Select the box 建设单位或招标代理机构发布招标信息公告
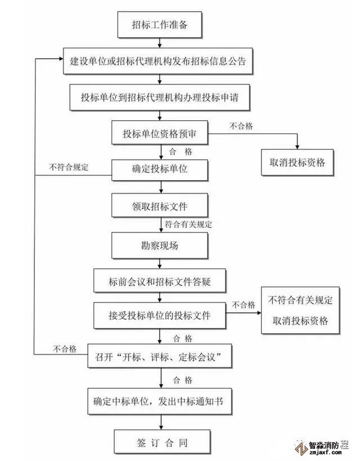pyautogui.click(x=158, y=61)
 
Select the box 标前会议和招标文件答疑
pyautogui.click(x=160, y=280)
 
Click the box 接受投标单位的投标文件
pyautogui.click(x=160, y=315)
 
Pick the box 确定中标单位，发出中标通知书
pyautogui.click(x=161, y=401)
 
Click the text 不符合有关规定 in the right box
pyautogui.click(x=300, y=299)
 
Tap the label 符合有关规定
pyautogui.click(x=188, y=223)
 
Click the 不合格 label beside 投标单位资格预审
pyautogui.click(x=241, y=126)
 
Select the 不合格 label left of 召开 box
pyautogui.click(x=65, y=348)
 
